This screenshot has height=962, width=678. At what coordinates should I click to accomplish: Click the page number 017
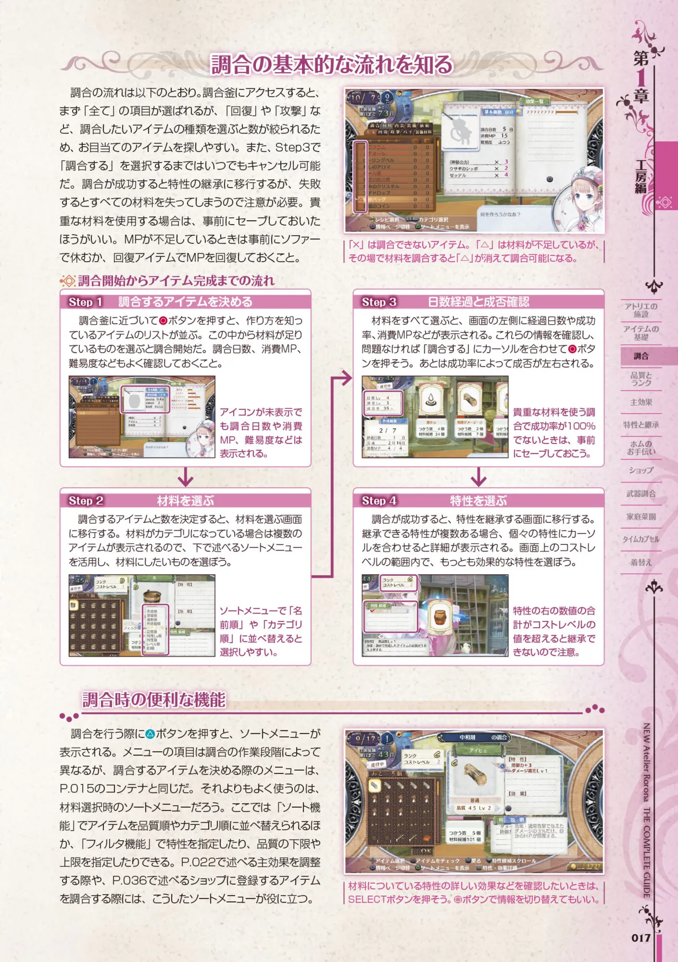(x=640, y=938)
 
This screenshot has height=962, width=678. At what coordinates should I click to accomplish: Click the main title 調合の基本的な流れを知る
(x=332, y=65)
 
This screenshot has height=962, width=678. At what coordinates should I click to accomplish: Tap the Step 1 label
(x=85, y=302)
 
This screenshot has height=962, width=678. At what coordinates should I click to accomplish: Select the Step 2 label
(x=86, y=501)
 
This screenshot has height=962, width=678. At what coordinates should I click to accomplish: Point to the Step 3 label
(x=379, y=302)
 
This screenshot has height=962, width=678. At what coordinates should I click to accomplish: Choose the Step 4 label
(x=379, y=501)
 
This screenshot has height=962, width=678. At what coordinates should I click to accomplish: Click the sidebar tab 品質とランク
(x=641, y=379)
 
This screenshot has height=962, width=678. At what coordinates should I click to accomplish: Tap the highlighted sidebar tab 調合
(x=641, y=356)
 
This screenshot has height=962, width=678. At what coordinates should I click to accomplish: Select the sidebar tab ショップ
(x=641, y=470)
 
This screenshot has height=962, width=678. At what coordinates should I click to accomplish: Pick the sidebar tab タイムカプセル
(x=641, y=539)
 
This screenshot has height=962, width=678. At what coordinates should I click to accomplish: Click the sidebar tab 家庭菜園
(x=641, y=516)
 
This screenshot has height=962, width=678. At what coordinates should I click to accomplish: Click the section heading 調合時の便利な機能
(x=154, y=700)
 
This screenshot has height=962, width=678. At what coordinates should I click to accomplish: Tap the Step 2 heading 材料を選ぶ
(x=185, y=501)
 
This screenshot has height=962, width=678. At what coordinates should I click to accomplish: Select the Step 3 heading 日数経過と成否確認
(x=478, y=302)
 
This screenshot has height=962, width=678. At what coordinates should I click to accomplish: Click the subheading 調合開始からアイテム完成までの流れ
(x=176, y=281)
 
